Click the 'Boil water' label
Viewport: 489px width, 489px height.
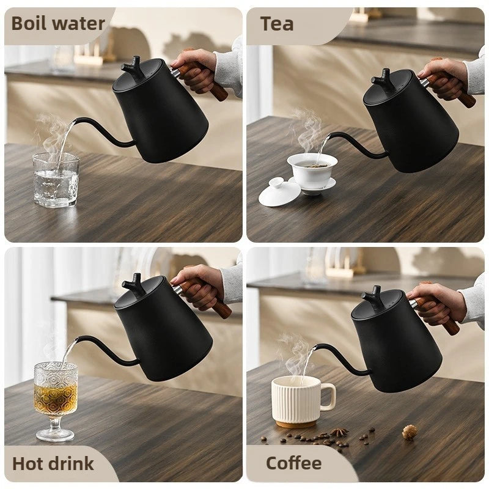click(58, 24)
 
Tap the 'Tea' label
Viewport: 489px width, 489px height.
click(277, 24)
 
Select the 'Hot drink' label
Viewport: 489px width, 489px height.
click(53, 463)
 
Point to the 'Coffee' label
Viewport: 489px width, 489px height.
click(294, 463)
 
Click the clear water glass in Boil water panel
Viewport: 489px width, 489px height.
click(56, 180)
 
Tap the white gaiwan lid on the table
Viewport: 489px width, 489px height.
click(279, 192)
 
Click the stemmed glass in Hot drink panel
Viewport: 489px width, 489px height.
click(56, 391)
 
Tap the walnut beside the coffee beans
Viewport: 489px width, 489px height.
click(410, 432)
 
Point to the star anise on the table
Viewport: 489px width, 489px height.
click(339, 432)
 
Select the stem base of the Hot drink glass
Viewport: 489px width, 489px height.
click(55, 435)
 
